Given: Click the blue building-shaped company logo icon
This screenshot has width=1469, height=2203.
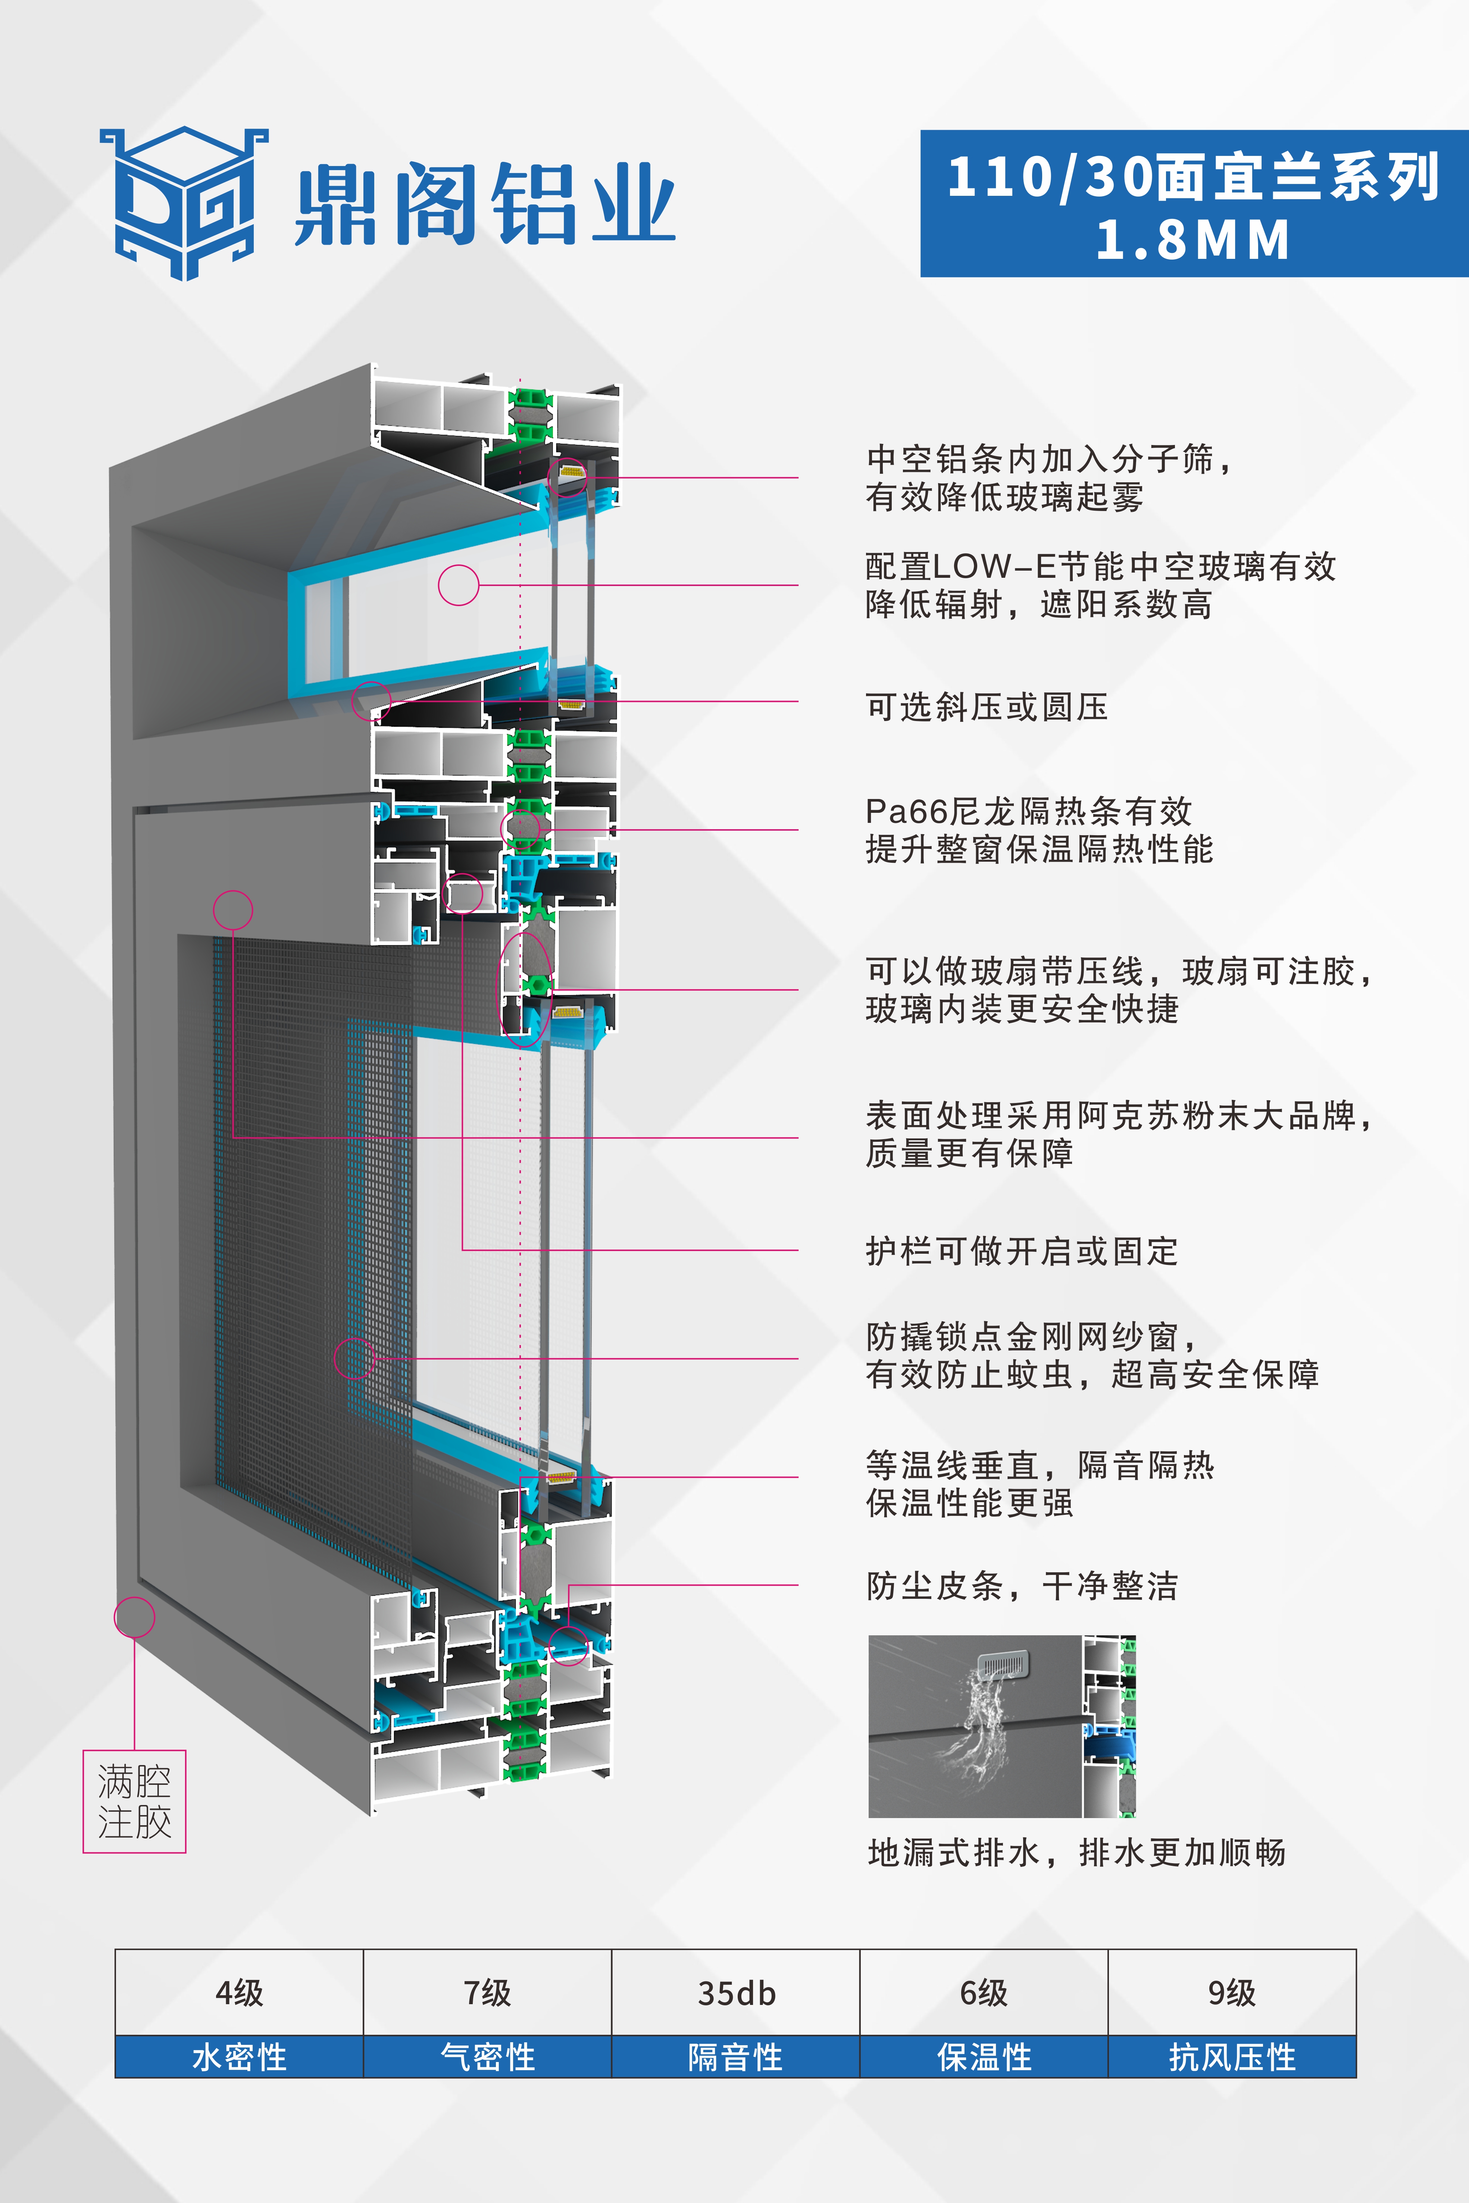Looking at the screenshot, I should pyautogui.click(x=184, y=203).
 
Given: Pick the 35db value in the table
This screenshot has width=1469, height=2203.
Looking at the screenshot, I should pyautogui.click(x=737, y=1992).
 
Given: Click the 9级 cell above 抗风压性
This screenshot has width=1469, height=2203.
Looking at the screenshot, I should pyautogui.click(x=1232, y=1992).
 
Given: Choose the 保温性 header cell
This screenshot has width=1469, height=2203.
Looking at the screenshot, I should pyautogui.click(x=984, y=2057).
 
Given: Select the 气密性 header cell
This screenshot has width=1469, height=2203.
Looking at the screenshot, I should pyautogui.click(x=487, y=2057).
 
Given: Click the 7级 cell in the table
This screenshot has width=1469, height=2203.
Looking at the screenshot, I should pyautogui.click(x=487, y=1992).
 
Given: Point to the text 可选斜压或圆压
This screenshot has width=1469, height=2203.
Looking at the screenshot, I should pyautogui.click(x=987, y=707).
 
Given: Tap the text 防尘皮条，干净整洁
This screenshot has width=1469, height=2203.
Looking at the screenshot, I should pyautogui.click(x=1021, y=1586).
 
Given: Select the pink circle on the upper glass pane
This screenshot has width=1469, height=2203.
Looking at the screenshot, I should pyautogui.click(x=458, y=585).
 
